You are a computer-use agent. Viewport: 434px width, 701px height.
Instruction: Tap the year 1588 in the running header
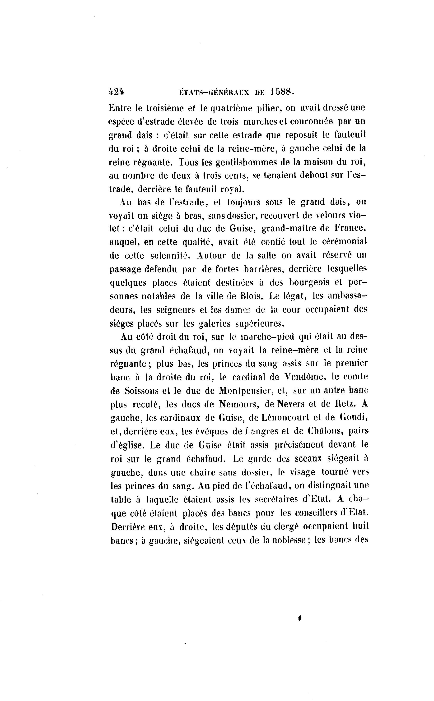coord(282,92)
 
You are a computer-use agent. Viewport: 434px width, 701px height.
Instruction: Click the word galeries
coord(215,323)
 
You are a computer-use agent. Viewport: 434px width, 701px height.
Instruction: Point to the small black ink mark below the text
coord(300,619)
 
